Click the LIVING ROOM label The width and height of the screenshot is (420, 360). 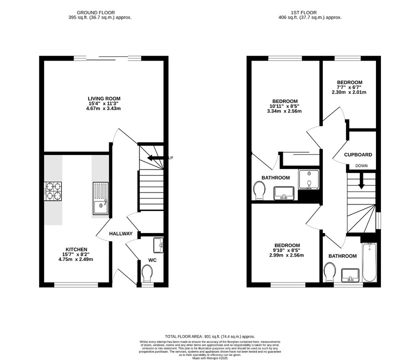tap(104, 98)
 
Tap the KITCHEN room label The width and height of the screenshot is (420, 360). tap(77, 249)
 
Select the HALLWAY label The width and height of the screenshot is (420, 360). tap(121, 233)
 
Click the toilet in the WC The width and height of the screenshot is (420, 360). tap(147, 273)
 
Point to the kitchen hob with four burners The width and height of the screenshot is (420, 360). tap(53, 191)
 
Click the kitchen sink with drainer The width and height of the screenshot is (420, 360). tap(101, 198)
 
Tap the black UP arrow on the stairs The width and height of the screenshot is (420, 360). tap(155, 158)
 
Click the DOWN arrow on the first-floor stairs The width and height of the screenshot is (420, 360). tap(361, 181)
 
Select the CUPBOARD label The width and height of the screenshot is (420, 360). tap(358, 154)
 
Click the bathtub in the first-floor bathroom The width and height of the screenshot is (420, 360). tap(369, 262)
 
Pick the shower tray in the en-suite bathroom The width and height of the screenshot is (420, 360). tap(309, 179)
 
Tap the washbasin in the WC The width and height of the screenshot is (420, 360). tap(158, 245)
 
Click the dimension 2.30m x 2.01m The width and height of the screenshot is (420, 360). tap(349, 92)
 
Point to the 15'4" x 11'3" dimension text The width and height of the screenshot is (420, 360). tap(104, 103)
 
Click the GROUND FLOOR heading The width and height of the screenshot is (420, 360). tap(96, 12)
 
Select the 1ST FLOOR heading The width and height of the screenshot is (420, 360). tap(304, 12)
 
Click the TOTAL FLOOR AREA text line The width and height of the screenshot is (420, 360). tap(210, 336)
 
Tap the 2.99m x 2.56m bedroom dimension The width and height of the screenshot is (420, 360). tap(287, 255)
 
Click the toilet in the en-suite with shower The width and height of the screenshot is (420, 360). tap(259, 190)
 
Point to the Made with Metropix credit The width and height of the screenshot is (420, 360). tap(210, 358)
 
